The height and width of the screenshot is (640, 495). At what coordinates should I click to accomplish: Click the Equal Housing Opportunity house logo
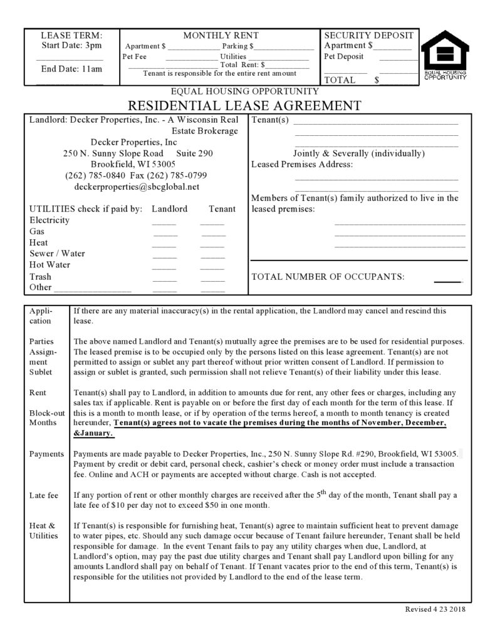coord(445,56)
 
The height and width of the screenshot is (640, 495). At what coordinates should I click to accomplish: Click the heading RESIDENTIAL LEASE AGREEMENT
coord(245,105)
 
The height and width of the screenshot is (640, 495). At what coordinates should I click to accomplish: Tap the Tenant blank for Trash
coord(212,277)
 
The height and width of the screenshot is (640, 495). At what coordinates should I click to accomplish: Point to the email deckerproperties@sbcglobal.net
coord(137,187)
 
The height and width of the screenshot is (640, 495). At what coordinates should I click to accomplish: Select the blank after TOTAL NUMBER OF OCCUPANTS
coord(447,277)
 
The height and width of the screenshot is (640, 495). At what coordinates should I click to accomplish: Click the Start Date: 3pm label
coord(71,46)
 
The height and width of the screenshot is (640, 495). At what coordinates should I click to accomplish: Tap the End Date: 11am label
coord(71,69)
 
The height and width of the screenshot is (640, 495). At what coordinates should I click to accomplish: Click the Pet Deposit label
coord(343,56)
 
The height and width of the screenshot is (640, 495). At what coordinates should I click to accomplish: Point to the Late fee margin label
coord(44,495)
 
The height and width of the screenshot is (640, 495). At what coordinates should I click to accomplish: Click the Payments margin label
coord(46,454)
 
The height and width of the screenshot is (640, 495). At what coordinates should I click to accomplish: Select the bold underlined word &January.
coord(93,433)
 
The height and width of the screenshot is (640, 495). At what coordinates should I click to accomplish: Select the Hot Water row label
coord(50,265)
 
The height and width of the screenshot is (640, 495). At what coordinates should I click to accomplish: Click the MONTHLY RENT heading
coord(221,36)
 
